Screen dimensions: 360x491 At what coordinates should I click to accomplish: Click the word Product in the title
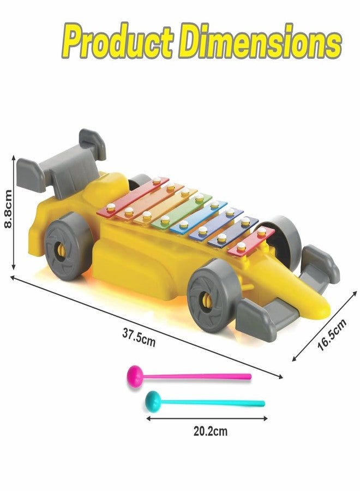click(118, 41)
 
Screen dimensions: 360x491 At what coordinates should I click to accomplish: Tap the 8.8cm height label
click(8, 209)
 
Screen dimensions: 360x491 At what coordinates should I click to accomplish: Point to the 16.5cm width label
click(332, 334)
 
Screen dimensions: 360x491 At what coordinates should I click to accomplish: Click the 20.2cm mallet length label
click(211, 431)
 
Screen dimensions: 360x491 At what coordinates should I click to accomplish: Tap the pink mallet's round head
click(135, 376)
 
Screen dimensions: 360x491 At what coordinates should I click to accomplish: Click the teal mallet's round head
click(153, 401)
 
